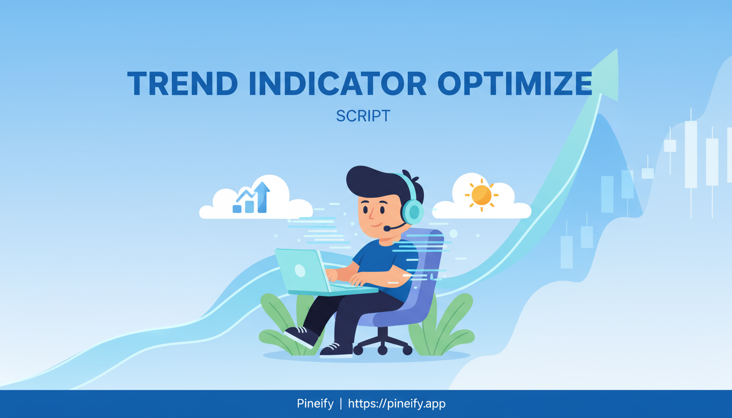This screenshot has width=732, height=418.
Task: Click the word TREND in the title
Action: (x=182, y=83)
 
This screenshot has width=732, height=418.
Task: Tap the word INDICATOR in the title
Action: (x=338, y=83)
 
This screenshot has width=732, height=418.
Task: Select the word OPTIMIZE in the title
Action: (x=515, y=83)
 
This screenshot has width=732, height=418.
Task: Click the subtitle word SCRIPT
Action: (x=363, y=116)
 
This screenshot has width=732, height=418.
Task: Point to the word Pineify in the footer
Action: (x=315, y=404)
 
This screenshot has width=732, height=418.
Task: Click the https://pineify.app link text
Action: (x=396, y=404)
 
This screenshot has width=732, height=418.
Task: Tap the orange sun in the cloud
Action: (x=481, y=195)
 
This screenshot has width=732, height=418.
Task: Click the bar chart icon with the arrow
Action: (x=251, y=198)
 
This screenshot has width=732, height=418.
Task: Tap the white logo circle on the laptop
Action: (x=300, y=271)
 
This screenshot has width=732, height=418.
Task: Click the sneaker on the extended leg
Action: (x=301, y=336)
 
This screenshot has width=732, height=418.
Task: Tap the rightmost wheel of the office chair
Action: (x=407, y=351)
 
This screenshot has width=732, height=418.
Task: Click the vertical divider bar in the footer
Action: (x=341, y=404)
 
